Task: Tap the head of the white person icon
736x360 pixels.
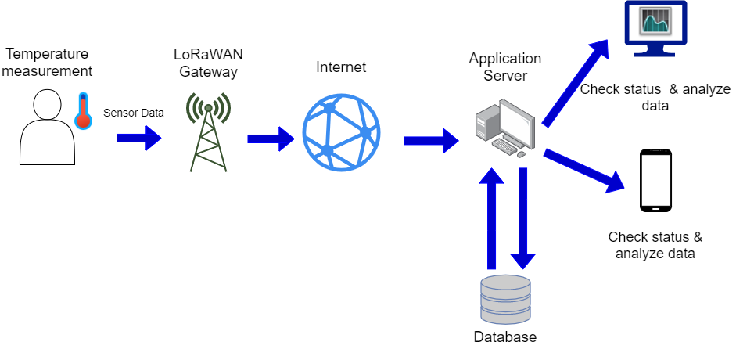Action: click(47, 104)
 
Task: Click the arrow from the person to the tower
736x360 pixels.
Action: click(138, 138)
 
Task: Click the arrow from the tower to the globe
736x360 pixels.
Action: click(270, 139)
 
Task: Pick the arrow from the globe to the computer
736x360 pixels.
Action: click(430, 140)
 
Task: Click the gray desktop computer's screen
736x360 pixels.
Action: click(516, 123)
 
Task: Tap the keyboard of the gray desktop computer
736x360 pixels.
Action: click(504, 146)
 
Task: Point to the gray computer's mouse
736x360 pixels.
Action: click(521, 155)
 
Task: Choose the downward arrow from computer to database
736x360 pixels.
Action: click(523, 219)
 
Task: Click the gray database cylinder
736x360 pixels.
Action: click(505, 299)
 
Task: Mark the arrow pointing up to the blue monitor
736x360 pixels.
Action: click(576, 82)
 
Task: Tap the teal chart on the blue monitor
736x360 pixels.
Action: click(655, 21)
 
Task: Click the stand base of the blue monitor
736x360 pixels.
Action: click(655, 54)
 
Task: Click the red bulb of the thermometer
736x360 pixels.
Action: click(83, 121)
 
